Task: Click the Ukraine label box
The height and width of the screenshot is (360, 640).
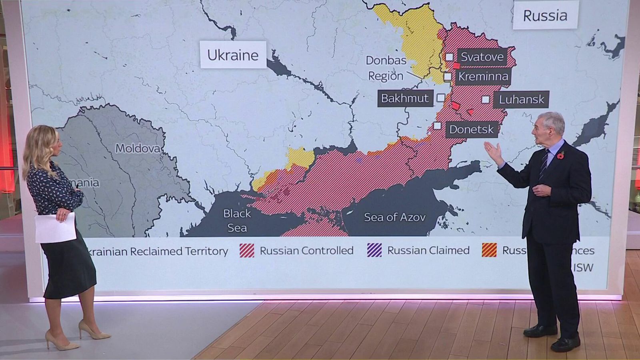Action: point(233,55)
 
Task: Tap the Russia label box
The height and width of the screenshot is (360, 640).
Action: point(545,16)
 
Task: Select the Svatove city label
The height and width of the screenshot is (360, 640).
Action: point(482,57)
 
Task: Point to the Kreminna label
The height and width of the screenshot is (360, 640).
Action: point(483,76)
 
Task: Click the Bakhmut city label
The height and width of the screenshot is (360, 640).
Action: point(405,98)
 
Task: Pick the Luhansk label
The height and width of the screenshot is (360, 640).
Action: point(521,99)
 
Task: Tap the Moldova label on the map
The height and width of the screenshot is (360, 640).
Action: point(138,148)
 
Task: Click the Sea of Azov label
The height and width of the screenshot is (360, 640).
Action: point(394,217)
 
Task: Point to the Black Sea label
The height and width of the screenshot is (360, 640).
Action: point(237,220)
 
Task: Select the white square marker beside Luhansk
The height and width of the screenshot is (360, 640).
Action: point(485,99)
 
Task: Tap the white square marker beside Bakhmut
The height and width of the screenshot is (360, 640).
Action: point(440,98)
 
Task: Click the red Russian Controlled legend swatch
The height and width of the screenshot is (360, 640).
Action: point(247,250)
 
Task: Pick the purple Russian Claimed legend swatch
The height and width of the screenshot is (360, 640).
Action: point(374,250)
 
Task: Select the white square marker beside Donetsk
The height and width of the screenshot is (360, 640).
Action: point(437,126)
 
